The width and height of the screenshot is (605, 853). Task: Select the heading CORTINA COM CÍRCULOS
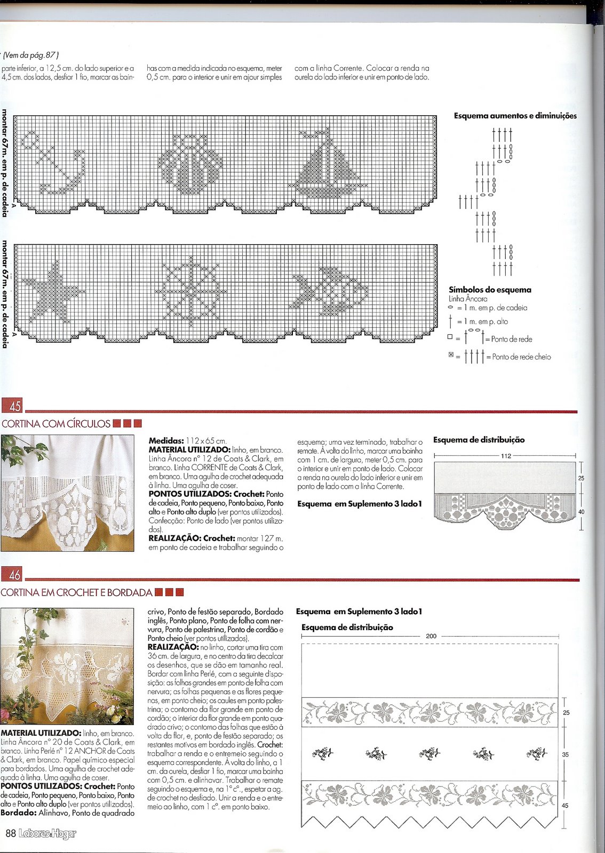coord(56,424)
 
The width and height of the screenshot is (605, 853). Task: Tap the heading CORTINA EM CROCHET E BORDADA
coord(77,592)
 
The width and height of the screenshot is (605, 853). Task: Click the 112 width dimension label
coord(506,456)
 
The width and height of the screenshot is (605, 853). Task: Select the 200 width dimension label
coord(431,636)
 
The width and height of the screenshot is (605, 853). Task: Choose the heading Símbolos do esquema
coord(490,290)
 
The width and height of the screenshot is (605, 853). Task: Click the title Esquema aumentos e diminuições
coord(515,116)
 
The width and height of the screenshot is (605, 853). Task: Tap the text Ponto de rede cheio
coord(521,357)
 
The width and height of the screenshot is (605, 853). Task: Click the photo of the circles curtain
coord(67,493)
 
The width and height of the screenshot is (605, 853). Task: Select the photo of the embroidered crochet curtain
coord(67,666)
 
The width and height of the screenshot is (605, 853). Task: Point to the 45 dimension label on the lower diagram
coord(566,806)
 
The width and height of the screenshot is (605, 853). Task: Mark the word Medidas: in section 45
coord(166,441)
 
